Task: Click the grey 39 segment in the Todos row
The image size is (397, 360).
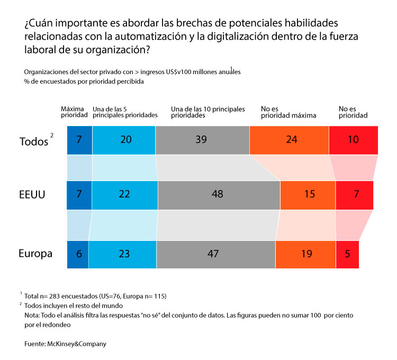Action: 202,140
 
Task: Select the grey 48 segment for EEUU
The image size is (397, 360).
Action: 219,194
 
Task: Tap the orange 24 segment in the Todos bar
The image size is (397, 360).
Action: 289,140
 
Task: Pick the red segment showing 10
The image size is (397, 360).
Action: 354,140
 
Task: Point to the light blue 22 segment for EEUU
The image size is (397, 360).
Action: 124,194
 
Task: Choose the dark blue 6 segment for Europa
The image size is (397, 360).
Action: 79,254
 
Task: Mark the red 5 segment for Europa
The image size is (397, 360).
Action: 347,254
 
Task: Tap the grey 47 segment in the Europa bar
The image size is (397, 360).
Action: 216,254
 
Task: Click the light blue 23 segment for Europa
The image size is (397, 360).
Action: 124,254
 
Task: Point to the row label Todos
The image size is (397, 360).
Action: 33,141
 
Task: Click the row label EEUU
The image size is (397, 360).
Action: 32,195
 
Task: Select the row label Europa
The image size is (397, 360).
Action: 35,254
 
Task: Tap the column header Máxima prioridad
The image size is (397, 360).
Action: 73,112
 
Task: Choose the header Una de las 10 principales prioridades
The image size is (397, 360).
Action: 208,112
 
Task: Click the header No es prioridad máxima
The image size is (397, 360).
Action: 289,112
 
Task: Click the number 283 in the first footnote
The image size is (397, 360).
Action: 57,295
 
